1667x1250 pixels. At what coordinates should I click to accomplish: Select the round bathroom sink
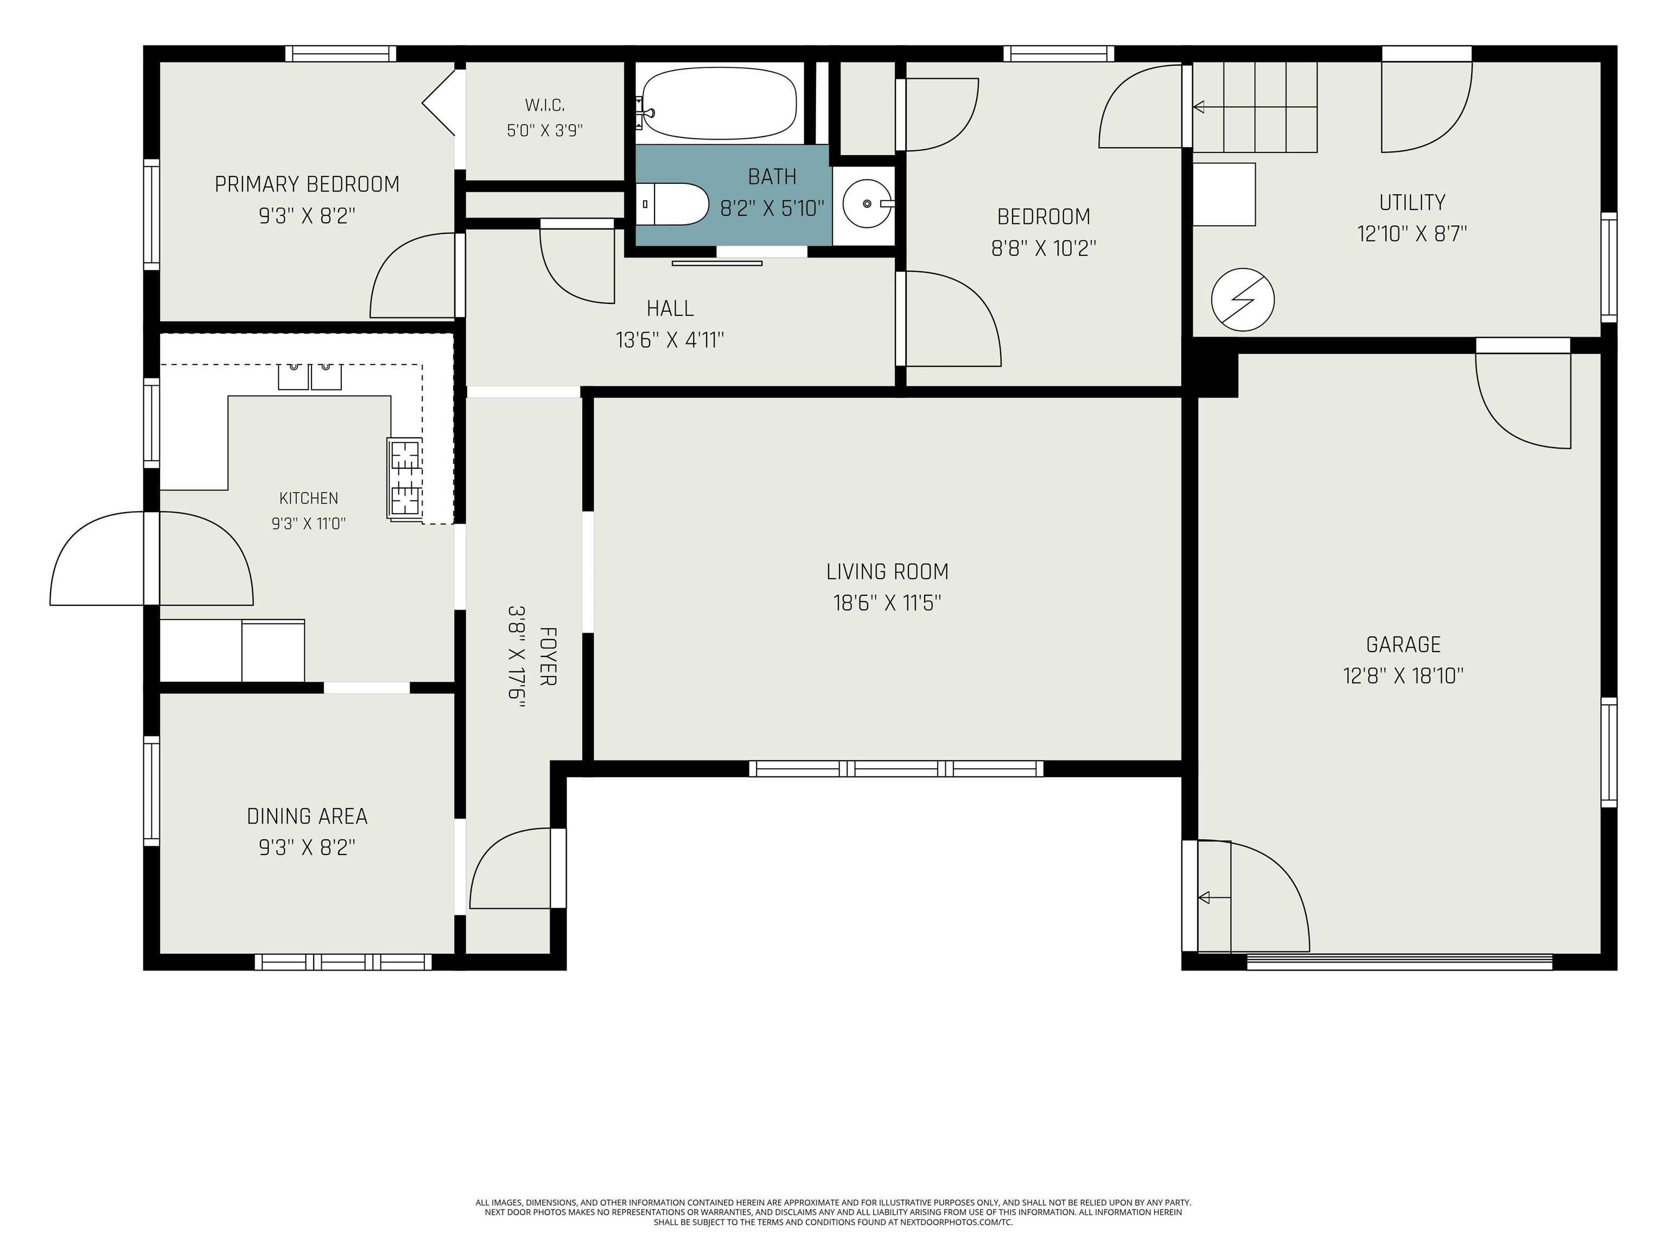pyautogui.click(x=867, y=203)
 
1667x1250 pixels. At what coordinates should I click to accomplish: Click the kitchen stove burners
pyautogui.click(x=405, y=477)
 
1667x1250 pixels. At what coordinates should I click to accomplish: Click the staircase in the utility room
pyautogui.click(x=1254, y=107)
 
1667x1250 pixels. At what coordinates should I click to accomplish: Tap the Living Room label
pyautogui.click(x=887, y=572)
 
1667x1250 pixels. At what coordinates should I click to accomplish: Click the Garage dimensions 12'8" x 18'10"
pyautogui.click(x=1403, y=676)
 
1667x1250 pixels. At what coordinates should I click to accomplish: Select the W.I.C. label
pyautogui.click(x=545, y=105)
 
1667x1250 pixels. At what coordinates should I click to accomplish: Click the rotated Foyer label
pyautogui.click(x=548, y=656)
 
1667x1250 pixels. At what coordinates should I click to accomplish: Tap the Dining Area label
pyautogui.click(x=308, y=816)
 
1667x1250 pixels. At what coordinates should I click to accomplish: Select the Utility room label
pyautogui.click(x=1413, y=203)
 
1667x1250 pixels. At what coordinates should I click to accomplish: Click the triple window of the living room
pyautogui.click(x=896, y=769)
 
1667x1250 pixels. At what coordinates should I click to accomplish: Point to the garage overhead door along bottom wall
pyautogui.click(x=1399, y=961)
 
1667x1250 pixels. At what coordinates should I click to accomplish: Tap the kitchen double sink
pyautogui.click(x=310, y=376)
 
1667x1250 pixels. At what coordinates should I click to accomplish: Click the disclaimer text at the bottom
pyautogui.click(x=833, y=1213)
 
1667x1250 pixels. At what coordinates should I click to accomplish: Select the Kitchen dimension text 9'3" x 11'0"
pyautogui.click(x=309, y=524)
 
